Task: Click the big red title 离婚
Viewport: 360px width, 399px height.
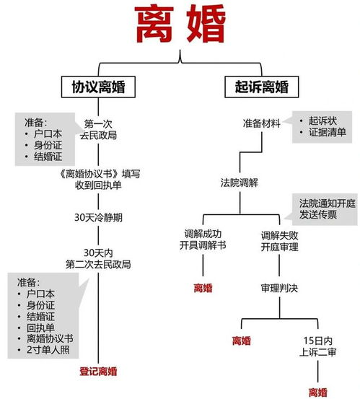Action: pyautogui.click(x=180, y=25)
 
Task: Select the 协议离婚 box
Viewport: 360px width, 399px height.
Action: pyautogui.click(x=98, y=87)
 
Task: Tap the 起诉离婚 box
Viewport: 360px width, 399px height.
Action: pyautogui.click(x=262, y=87)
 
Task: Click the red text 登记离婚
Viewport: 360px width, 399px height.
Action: pyautogui.click(x=98, y=372)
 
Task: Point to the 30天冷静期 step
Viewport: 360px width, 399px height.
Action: pyautogui.click(x=98, y=218)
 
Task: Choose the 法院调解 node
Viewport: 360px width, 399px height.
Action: pyautogui.click(x=240, y=183)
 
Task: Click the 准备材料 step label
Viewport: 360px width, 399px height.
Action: pyautogui.click(x=262, y=123)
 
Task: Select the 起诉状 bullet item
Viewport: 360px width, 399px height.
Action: pyautogui.click(x=322, y=121)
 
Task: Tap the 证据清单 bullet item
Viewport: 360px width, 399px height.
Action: pyautogui.click(x=328, y=132)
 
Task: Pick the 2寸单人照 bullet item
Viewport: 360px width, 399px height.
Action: pyautogui.click(x=48, y=350)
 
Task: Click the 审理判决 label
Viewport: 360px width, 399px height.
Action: pyautogui.click(x=279, y=288)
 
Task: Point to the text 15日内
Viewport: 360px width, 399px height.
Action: pyautogui.click(x=317, y=341)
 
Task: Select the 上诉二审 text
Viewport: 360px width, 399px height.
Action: pyautogui.click(x=317, y=352)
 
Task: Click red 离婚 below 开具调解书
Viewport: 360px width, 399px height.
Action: pyautogui.click(x=203, y=288)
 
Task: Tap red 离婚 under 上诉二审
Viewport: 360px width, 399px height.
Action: pyautogui.click(x=317, y=392)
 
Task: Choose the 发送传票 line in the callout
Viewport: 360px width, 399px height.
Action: pyautogui.click(x=318, y=215)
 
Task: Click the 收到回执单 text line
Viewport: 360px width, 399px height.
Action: pyautogui.click(x=98, y=185)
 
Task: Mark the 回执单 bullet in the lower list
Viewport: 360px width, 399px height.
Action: pyautogui.click(x=40, y=328)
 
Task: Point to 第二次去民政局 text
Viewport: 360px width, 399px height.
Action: pyautogui.click(x=98, y=264)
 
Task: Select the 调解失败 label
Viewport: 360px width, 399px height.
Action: pyautogui.click(x=279, y=236)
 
